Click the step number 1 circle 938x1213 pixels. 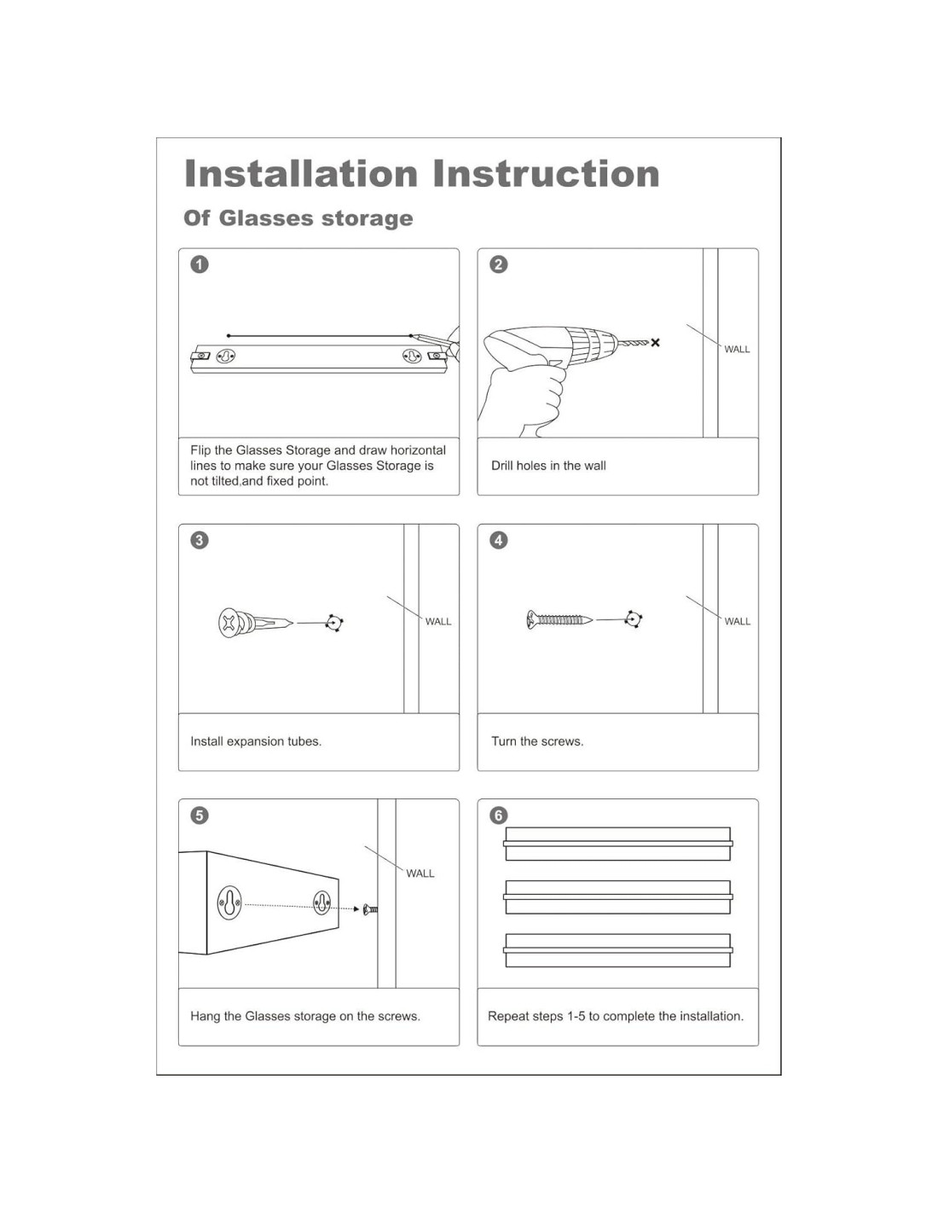200,264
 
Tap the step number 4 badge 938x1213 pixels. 498,540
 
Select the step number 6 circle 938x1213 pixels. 498,815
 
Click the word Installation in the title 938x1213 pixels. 301,173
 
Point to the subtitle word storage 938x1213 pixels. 368,218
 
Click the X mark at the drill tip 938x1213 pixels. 655,342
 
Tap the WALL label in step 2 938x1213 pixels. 737,350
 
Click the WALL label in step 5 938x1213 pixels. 420,873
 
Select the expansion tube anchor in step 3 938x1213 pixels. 256,623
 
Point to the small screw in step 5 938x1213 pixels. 370,909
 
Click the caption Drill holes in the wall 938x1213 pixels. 548,466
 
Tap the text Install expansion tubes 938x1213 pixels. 256,741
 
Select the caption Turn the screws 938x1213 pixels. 537,741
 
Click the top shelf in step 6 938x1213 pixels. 617,844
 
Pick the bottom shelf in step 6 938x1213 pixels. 617,950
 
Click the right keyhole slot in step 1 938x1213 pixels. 412,356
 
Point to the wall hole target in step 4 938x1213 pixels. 633,619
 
